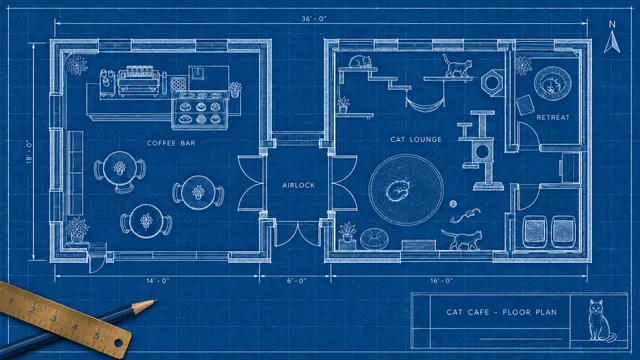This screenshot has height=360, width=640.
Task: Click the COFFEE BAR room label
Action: coord(171,143)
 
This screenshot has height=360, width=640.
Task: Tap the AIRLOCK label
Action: coord(299,185)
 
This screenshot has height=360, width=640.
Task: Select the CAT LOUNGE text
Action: coord(416,140)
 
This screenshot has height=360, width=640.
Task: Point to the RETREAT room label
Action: coord(553,118)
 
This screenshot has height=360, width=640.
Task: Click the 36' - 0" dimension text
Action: coord(314,19)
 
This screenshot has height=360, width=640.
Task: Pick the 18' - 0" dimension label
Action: coord(29,152)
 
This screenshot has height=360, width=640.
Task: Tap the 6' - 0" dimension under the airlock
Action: coord(296,281)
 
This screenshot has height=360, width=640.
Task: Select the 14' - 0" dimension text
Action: coord(158,281)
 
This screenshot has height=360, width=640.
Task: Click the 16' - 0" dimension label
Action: coord(442,281)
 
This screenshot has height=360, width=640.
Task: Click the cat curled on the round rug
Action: coord(398,190)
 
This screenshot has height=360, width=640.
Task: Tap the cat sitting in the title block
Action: coord(600,321)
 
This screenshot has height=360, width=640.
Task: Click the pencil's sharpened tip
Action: coord(156,301)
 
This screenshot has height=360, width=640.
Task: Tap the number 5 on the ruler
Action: coord(97,336)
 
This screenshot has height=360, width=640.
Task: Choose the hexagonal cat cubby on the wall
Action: coord(493,83)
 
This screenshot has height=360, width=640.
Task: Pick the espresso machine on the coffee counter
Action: coord(138,81)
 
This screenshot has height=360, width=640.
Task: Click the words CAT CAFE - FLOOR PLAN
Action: coord(502,313)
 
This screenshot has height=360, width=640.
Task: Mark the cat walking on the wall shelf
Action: coord(458,65)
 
